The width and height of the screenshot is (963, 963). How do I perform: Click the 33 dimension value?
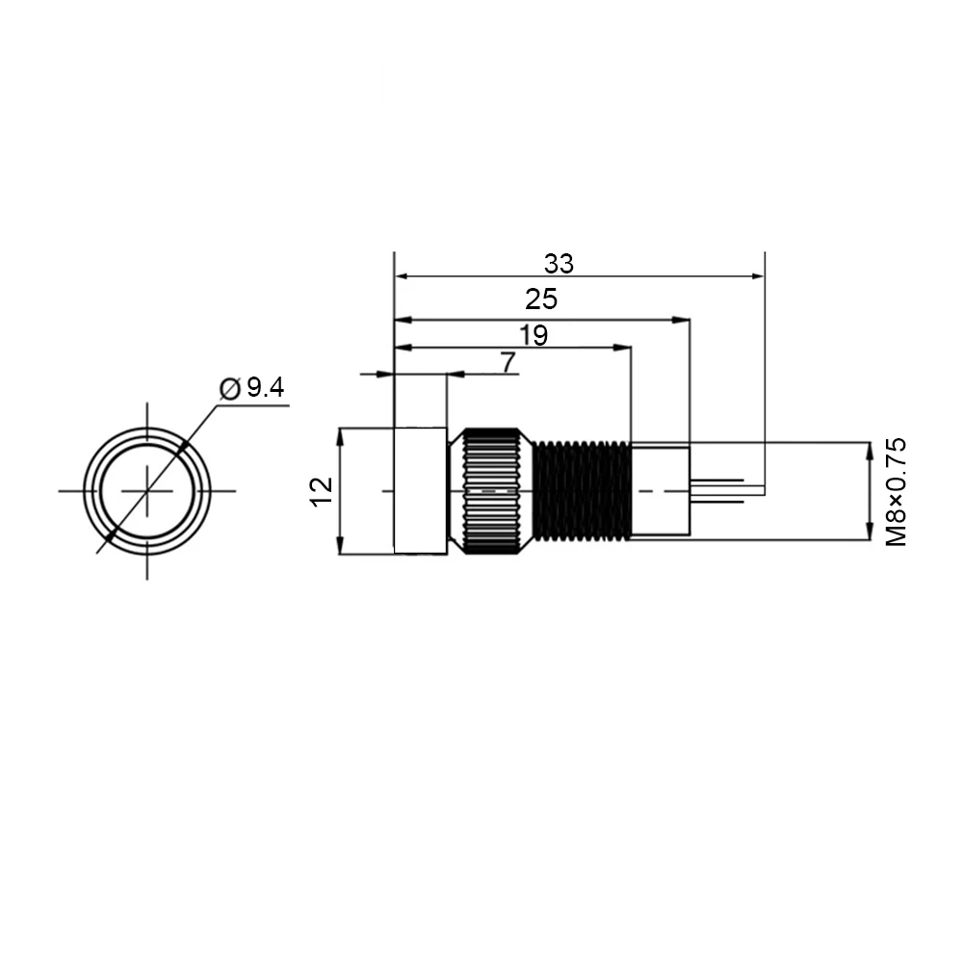tap(559, 262)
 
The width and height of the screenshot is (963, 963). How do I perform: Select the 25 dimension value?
tap(541, 299)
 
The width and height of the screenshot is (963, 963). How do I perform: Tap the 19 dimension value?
tap(533, 335)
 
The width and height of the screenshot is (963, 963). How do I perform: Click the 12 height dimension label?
tap(323, 490)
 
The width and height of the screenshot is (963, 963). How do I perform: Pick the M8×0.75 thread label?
tap(897, 492)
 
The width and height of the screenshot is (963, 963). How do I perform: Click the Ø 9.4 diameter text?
tap(253, 388)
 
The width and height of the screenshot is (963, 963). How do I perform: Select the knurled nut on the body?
tap(492, 490)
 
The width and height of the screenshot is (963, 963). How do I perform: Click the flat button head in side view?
tap(420, 490)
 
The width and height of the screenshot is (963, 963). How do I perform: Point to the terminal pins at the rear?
tap(717, 490)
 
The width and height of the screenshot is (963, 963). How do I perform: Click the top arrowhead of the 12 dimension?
tap(341, 435)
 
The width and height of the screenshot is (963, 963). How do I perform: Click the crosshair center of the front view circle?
tap(146, 490)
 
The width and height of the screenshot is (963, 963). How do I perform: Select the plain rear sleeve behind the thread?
tap(660, 490)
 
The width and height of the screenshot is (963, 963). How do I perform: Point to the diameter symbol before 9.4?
tap(229, 389)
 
